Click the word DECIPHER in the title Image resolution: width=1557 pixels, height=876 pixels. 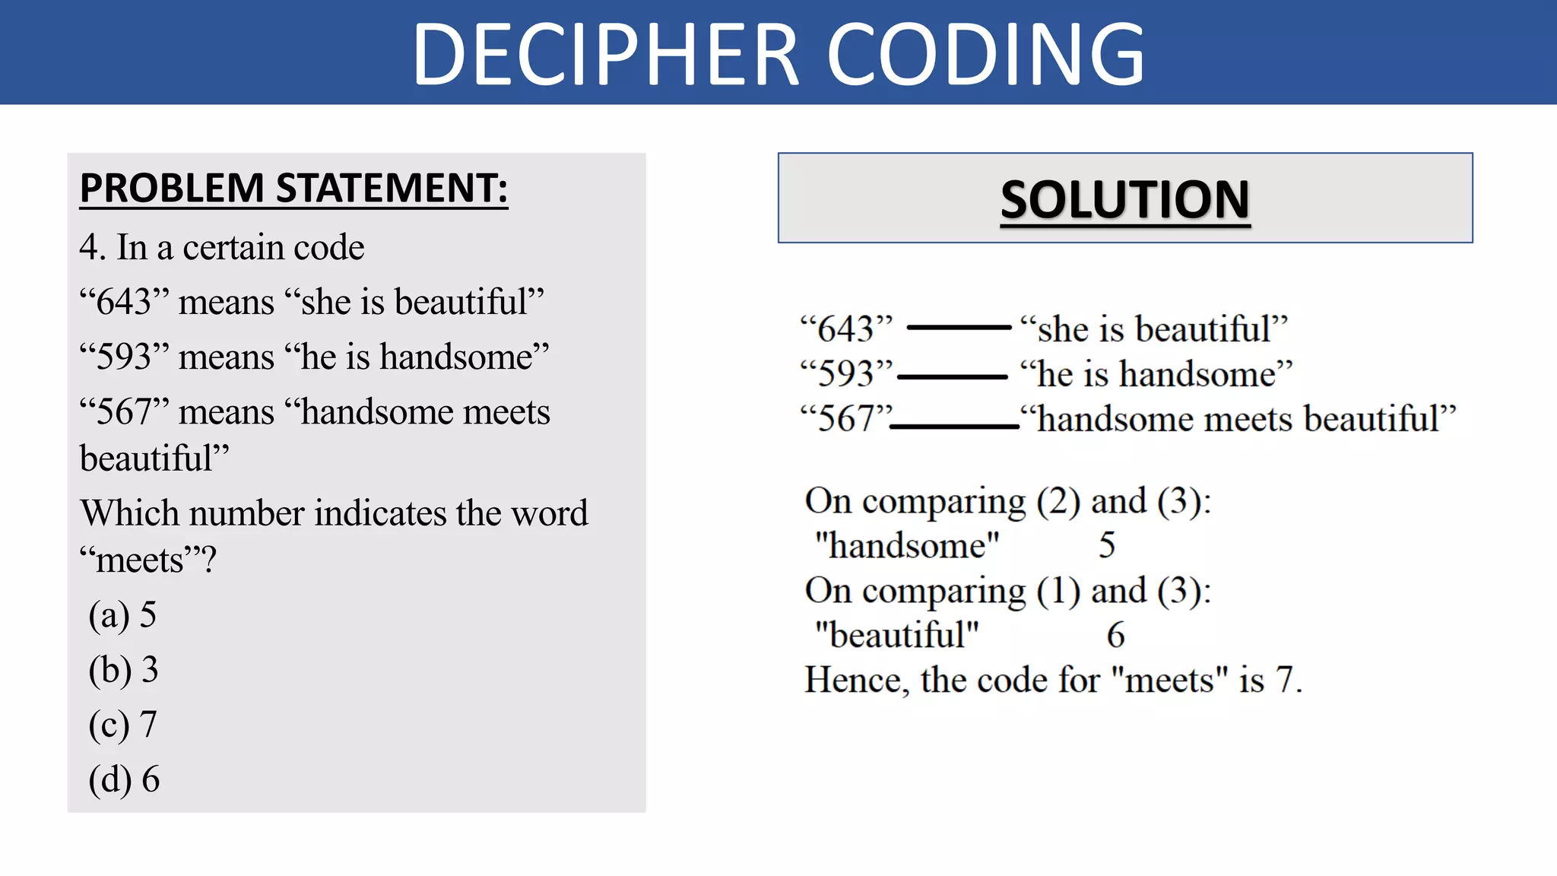(605, 55)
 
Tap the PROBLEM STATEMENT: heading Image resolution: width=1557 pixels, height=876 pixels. (293, 189)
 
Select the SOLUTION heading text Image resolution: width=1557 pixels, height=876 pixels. (1125, 200)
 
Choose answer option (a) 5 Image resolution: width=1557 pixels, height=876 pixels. (122, 615)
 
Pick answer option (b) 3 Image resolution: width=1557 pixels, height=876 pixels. (123, 670)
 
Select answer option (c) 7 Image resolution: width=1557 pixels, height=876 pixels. (122, 725)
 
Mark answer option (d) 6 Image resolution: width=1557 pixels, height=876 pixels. (124, 779)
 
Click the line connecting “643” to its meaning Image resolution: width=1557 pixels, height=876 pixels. (959, 328)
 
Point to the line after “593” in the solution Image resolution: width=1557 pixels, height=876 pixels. (952, 376)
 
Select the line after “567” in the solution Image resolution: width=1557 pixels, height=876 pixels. (954, 427)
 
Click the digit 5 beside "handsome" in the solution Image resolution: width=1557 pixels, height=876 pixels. (1107, 545)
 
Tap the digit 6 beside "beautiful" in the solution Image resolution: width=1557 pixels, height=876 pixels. (1115, 635)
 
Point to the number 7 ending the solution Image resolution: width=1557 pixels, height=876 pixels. (1284, 680)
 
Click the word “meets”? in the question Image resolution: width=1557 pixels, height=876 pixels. (148, 560)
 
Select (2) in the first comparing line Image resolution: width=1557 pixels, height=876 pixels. (1058, 501)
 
